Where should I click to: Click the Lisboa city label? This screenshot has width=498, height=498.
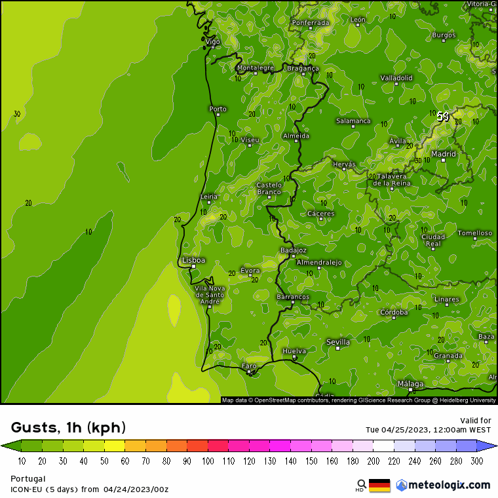coord(193,260)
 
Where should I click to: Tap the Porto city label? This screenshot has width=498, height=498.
coord(218,109)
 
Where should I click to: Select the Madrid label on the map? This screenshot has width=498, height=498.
coord(444,154)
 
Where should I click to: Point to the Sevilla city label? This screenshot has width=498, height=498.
coord(338,342)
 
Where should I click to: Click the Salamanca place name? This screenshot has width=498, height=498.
coord(353,121)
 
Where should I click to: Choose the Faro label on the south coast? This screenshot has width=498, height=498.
coord(249,366)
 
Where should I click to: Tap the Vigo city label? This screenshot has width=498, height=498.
coord(213,41)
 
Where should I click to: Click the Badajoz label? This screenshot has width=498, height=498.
coord(293,250)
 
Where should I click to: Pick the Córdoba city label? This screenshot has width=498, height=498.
coord(394,313)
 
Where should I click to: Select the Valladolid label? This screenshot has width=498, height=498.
coord(396,78)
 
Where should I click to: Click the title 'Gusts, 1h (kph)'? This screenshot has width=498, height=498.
coord(68,428)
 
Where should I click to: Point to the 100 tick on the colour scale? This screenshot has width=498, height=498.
coord(208,461)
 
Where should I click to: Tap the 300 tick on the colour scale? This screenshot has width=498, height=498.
coord(477,461)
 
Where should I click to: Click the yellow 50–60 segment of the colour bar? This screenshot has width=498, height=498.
coord(115,446)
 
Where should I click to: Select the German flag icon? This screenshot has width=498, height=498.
coord(379,486)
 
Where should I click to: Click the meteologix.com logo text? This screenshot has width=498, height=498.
coord(449,485)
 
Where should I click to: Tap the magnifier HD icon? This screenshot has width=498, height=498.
coord(360,485)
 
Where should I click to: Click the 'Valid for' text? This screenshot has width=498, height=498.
coord(476,421)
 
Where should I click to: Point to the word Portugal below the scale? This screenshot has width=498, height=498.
coord(28,479)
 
